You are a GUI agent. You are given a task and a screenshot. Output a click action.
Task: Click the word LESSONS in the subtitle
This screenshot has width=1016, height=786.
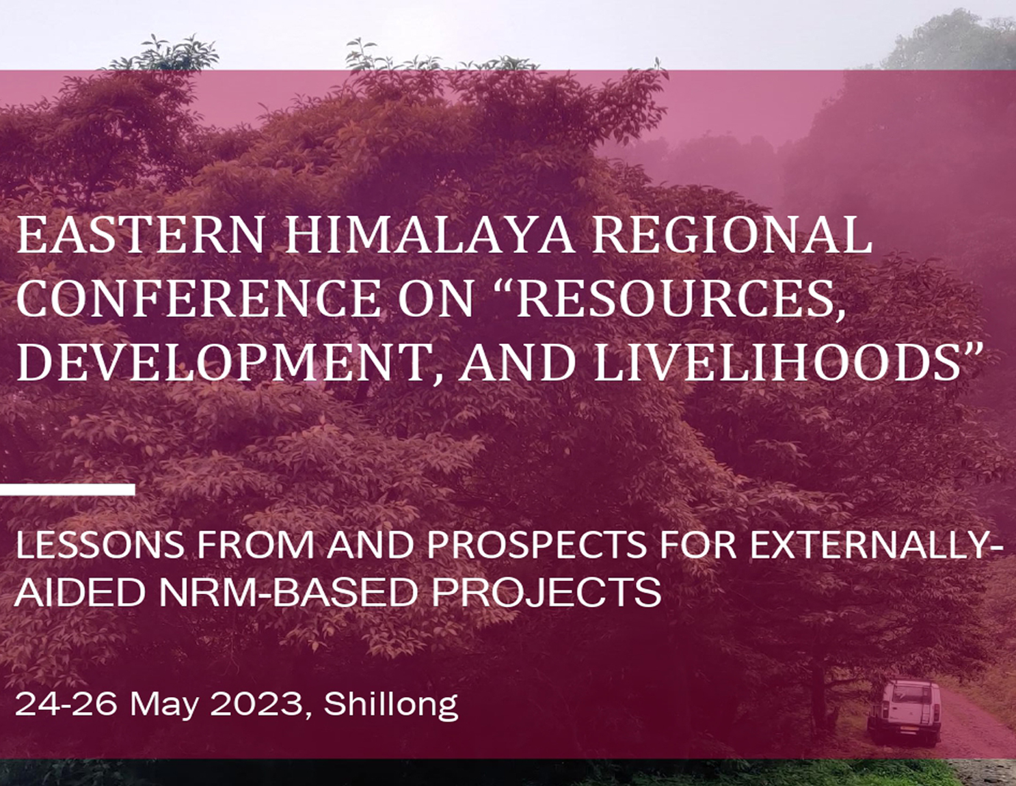pos(100,545)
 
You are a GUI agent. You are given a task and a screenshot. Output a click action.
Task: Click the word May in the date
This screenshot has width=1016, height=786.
pos(163,705)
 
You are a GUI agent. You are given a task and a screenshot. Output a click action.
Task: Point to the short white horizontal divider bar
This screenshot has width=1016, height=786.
pos(67,489)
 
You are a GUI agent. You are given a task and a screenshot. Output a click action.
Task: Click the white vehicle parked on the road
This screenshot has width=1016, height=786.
pos(904,712)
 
